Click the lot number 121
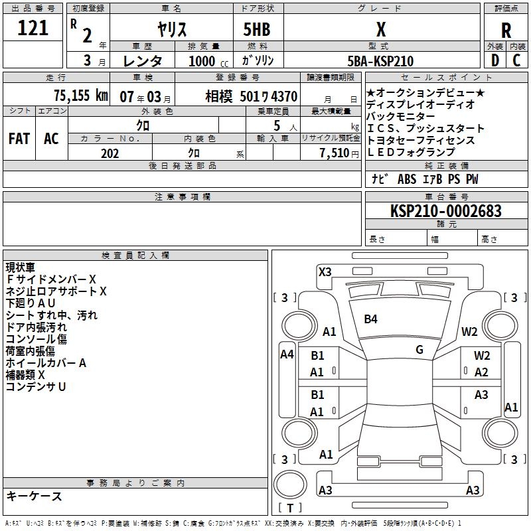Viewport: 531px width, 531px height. pyautogui.click(x=33, y=28)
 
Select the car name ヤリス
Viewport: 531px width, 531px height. pyautogui.click(x=172, y=29)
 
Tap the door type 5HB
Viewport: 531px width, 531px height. pyautogui.click(x=257, y=29)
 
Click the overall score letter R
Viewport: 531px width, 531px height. pyautogui.click(x=506, y=31)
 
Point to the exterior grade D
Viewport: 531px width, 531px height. pyautogui.click(x=495, y=60)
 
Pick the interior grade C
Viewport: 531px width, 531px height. pyautogui.click(x=516, y=60)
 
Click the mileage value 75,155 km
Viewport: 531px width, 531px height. pyautogui.click(x=81, y=96)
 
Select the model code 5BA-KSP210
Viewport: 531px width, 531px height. pyautogui.click(x=380, y=61)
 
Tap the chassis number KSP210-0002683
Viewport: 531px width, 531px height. pyautogui.click(x=446, y=210)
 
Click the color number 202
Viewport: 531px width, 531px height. pyautogui.click(x=110, y=153)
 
